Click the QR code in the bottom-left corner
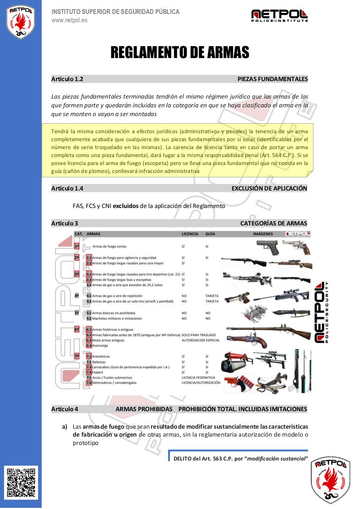[22, 482]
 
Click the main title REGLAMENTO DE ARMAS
[180, 52]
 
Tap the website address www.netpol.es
[69, 20]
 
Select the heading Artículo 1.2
[67, 79]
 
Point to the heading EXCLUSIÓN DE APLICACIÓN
[269, 188]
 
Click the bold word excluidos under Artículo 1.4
[126, 206]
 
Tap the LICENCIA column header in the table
[190, 234]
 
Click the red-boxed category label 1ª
[77, 246]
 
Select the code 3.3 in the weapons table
[89, 285]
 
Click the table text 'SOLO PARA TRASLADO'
[199, 335]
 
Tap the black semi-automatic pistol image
[267, 247]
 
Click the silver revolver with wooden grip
[296, 247]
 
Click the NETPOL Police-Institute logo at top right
[279, 16]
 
